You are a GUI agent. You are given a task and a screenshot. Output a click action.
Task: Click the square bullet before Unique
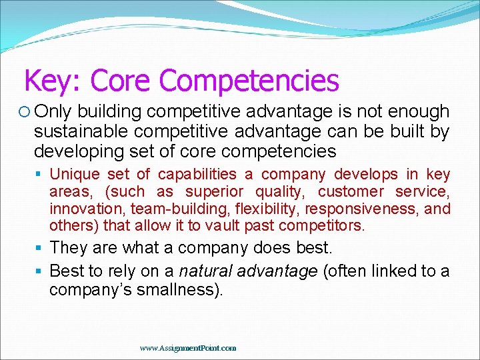41,175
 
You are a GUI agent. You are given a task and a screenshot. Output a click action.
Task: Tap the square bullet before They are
41,249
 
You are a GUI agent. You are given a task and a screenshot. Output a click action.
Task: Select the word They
69,248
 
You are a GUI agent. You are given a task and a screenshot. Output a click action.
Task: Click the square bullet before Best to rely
41,272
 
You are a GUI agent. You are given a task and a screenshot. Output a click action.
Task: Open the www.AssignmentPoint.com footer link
188,347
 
